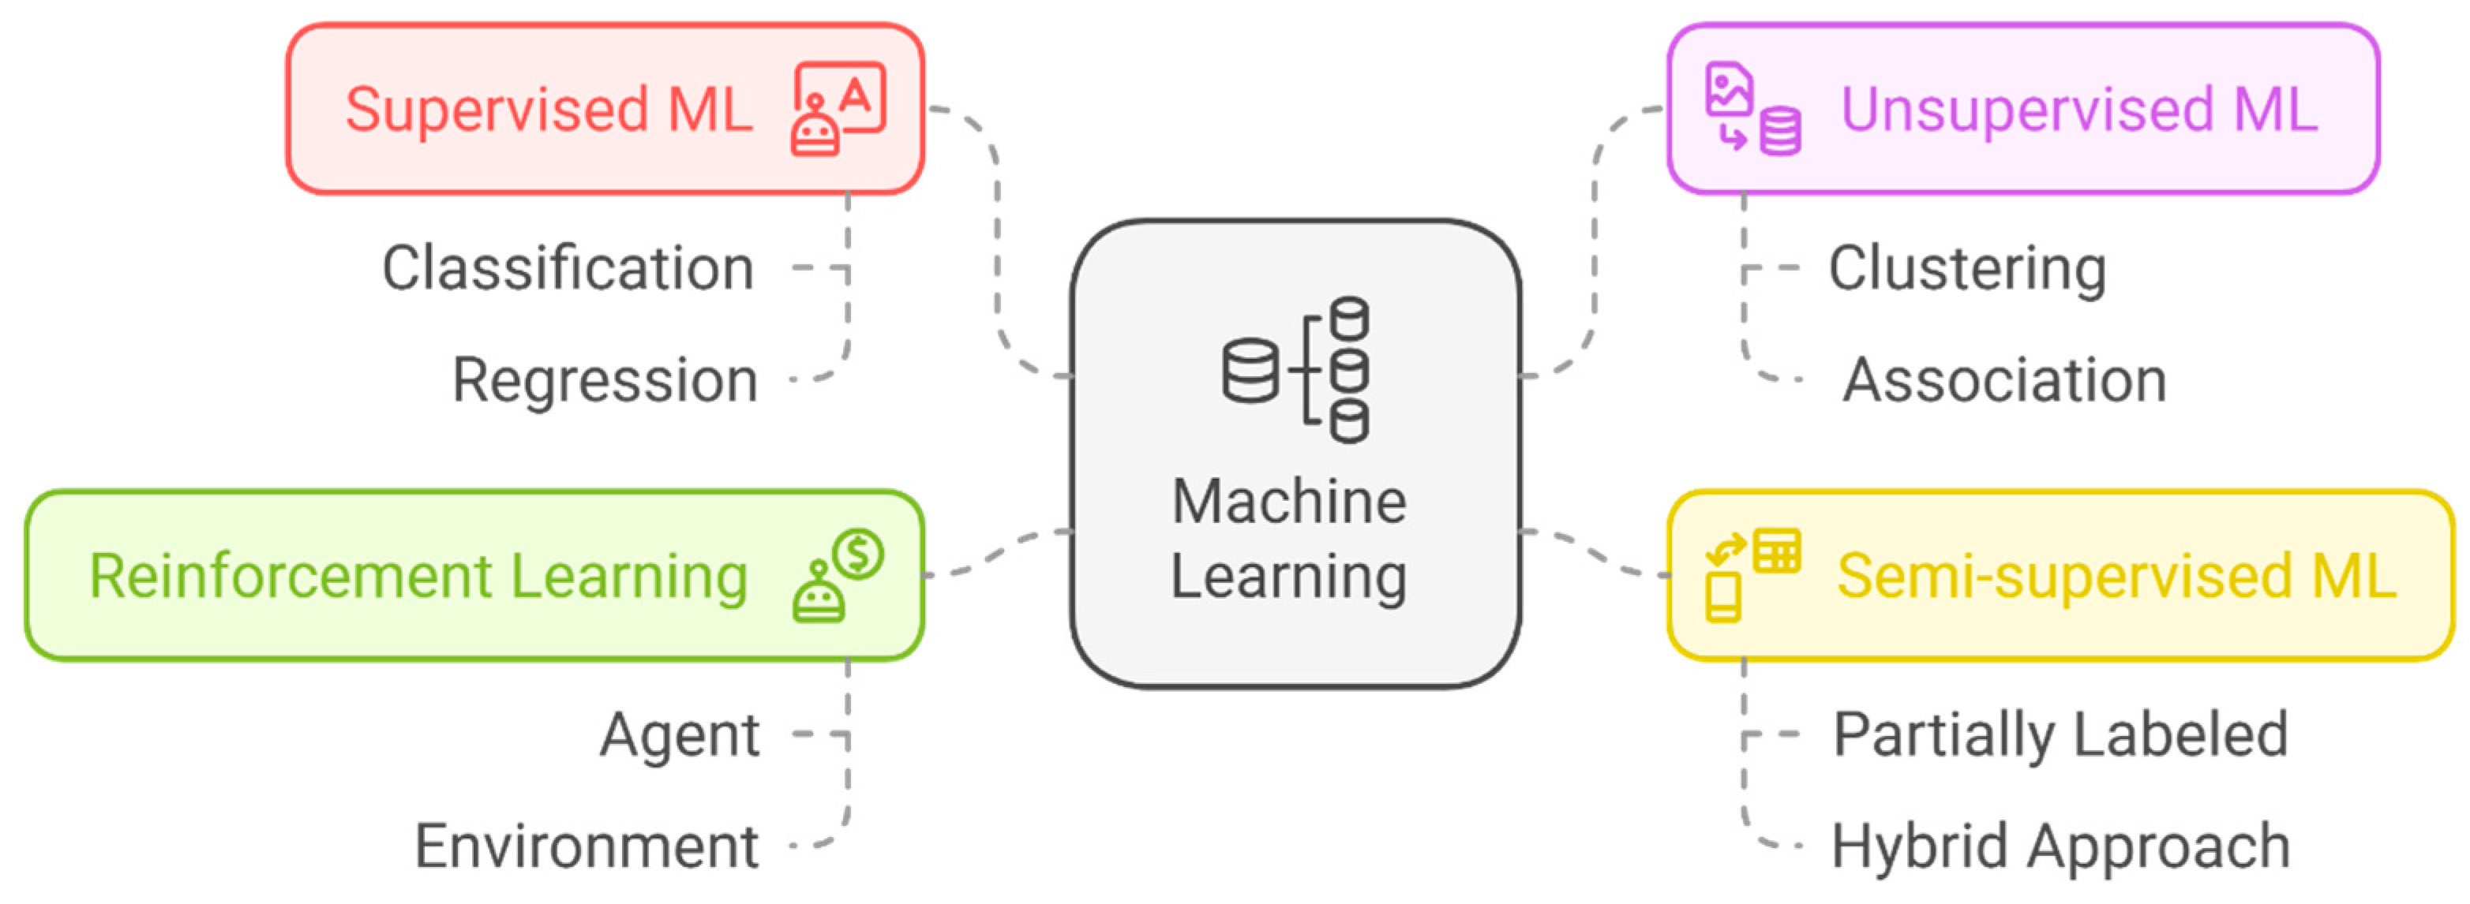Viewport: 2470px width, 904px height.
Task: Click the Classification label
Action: pyautogui.click(x=568, y=268)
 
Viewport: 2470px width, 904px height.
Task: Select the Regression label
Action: pyautogui.click(x=605, y=380)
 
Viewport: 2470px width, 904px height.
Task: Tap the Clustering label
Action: pyautogui.click(x=1966, y=268)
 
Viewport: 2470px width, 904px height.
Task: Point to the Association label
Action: pyautogui.click(x=2004, y=380)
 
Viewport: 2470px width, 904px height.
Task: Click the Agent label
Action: pyautogui.click(x=680, y=735)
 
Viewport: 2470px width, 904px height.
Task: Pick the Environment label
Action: pyautogui.click(x=587, y=846)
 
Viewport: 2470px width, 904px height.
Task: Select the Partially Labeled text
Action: pyautogui.click(x=2060, y=735)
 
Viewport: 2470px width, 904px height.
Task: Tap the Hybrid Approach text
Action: pyautogui.click(x=2060, y=846)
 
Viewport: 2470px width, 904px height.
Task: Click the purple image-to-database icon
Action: pyautogui.click(x=1752, y=108)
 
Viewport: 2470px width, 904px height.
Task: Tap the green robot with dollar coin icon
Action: pyautogui.click(x=837, y=575)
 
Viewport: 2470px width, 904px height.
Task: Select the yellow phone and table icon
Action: pyautogui.click(x=1752, y=575)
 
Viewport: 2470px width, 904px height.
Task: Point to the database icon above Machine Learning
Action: pyautogui.click(x=1295, y=370)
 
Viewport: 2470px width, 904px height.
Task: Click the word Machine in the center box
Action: pyautogui.click(x=1289, y=502)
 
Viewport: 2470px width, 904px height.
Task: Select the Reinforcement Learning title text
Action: pyautogui.click(x=418, y=576)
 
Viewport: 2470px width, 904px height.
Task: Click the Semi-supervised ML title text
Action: pyautogui.click(x=2116, y=576)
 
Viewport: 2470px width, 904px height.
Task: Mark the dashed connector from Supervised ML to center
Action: pyautogui.click(x=998, y=240)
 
